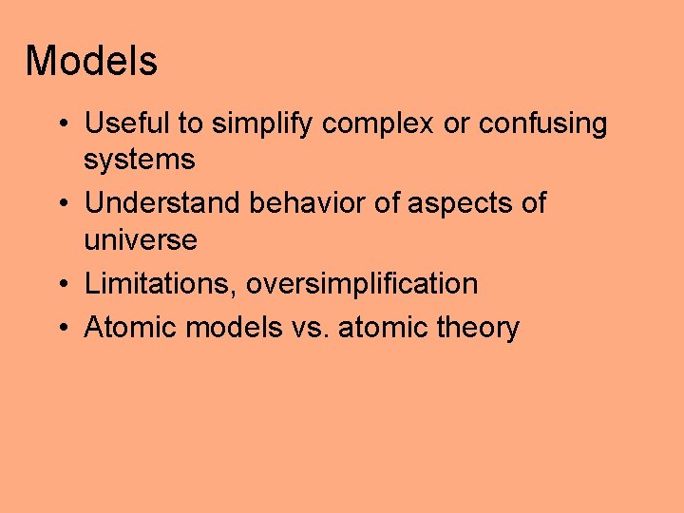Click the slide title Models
[x=91, y=62]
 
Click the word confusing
[x=542, y=124]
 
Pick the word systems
[x=139, y=160]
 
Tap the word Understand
[x=162, y=203]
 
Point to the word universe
[x=141, y=239]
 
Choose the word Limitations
[x=161, y=283]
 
